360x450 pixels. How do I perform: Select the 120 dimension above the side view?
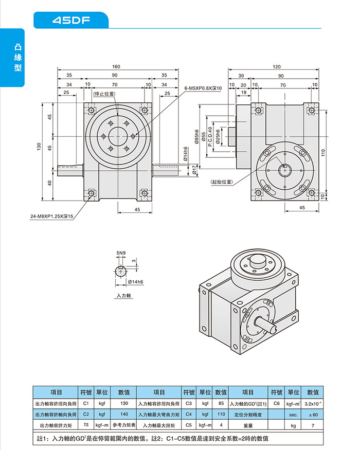(277, 67)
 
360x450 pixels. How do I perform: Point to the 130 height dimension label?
(39, 147)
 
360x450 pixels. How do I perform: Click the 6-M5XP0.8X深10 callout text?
(203, 88)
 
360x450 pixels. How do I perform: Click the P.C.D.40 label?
(210, 137)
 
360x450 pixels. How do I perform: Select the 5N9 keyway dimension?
(120, 254)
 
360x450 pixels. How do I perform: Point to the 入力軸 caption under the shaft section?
(124, 296)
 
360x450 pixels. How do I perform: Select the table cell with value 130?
(123, 403)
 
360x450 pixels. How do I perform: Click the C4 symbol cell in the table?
(189, 414)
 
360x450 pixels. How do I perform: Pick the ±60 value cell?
(313, 414)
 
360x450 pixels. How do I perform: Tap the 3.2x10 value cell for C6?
(313, 403)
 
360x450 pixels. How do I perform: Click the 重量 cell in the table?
(248, 425)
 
